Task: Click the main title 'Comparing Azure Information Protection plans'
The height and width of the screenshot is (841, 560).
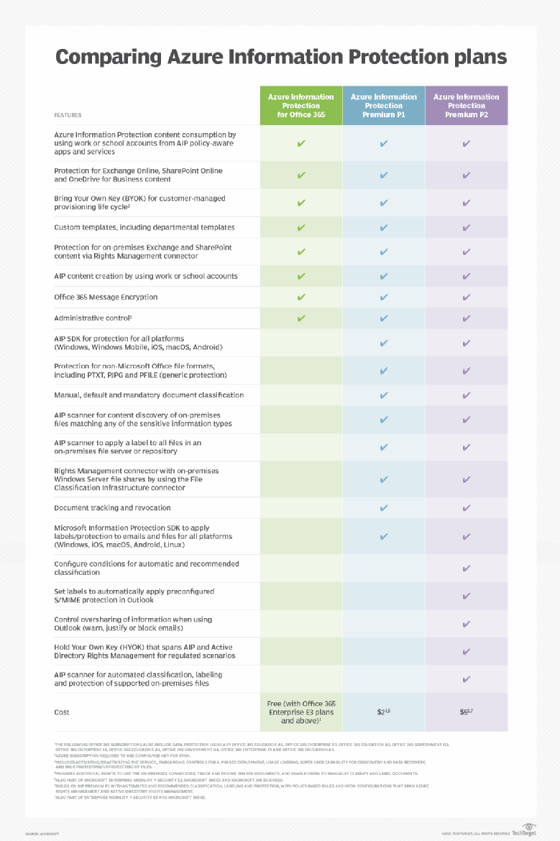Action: coord(280,57)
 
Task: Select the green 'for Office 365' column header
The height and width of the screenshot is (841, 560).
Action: coord(300,106)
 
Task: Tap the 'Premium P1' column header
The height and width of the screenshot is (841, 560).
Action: coord(383,106)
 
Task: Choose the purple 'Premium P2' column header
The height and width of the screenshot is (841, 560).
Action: coord(466,106)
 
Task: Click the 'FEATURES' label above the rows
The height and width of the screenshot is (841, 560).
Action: coord(68,115)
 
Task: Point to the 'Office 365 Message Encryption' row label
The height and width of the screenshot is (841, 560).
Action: coord(106,297)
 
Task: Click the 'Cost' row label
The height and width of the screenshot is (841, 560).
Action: coord(62,712)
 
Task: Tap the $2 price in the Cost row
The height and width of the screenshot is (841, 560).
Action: coord(383,712)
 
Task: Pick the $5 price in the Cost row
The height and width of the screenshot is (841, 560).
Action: coord(466,712)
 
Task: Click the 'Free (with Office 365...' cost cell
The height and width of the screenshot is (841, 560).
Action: coord(300,712)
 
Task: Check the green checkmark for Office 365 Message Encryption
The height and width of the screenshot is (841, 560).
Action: coord(301,297)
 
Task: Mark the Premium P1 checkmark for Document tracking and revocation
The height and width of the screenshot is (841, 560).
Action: coord(384,508)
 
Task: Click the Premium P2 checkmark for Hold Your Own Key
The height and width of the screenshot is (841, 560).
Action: coord(467,651)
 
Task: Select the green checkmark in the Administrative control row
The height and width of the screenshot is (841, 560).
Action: coord(301,318)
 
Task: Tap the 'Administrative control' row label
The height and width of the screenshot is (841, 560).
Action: coord(93,318)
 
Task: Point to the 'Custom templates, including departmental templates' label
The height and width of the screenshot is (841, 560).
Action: coord(144,227)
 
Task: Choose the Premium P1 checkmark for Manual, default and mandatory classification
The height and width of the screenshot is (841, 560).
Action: coord(384,395)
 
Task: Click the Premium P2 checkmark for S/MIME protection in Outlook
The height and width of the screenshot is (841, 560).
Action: coord(467,596)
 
